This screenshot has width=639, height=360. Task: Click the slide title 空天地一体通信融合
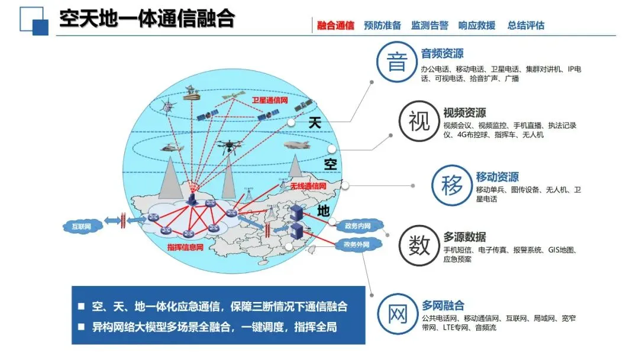[147, 19]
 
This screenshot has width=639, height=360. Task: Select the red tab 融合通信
[335, 25]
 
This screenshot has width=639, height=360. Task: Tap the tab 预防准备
[382, 25]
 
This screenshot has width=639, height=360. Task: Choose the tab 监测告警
[430, 25]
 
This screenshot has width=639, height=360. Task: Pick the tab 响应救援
[477, 25]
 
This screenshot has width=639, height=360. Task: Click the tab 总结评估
[525, 25]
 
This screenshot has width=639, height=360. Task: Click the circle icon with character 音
[396, 62]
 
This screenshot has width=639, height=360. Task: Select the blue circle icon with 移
[451, 185]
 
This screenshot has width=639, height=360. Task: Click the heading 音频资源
[442, 54]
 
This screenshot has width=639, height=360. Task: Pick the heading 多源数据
[464, 237]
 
